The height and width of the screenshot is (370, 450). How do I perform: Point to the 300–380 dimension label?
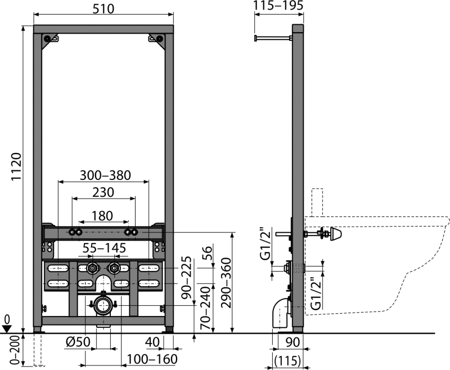[x=105, y=175]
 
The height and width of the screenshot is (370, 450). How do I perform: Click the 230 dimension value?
[x=103, y=192]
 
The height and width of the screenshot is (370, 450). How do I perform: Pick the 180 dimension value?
[x=102, y=215]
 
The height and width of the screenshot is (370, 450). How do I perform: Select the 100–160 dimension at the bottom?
[x=151, y=359]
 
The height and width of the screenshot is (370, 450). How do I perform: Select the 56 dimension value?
[x=206, y=251]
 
